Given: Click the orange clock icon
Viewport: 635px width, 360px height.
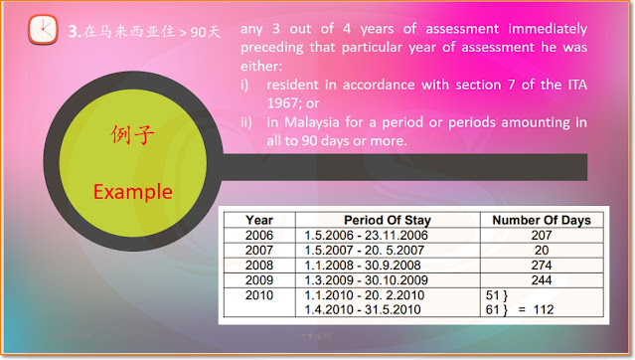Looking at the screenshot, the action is coord(43,30).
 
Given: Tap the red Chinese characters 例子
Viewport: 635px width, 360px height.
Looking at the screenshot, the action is coord(133,135).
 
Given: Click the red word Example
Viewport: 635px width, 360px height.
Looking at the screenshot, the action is coord(133,192).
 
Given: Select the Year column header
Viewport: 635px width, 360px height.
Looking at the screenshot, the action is coord(259,220).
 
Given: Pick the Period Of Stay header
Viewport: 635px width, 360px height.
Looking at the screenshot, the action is coord(388,220).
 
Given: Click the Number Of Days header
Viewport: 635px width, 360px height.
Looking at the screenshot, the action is coord(542,220).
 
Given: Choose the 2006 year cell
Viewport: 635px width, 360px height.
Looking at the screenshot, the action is coord(259,235).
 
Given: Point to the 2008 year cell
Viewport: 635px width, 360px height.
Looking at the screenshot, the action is coord(259,266).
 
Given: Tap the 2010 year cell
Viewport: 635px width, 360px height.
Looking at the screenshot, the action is coord(259,295).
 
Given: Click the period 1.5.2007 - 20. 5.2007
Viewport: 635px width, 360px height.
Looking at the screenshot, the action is coord(364,251).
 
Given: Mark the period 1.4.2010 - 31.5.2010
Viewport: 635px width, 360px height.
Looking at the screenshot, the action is coord(363,309).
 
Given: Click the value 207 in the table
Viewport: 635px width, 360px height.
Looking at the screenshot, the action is coord(542,235).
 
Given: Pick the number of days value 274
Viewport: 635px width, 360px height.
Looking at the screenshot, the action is coord(542,266).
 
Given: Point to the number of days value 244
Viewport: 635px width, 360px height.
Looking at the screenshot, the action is coord(542,280).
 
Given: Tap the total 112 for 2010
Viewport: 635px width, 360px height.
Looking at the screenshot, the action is coord(544,309).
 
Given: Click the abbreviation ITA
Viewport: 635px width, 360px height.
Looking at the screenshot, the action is coord(576,85).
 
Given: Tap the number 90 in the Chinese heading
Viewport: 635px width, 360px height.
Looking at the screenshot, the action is coord(199,32).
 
